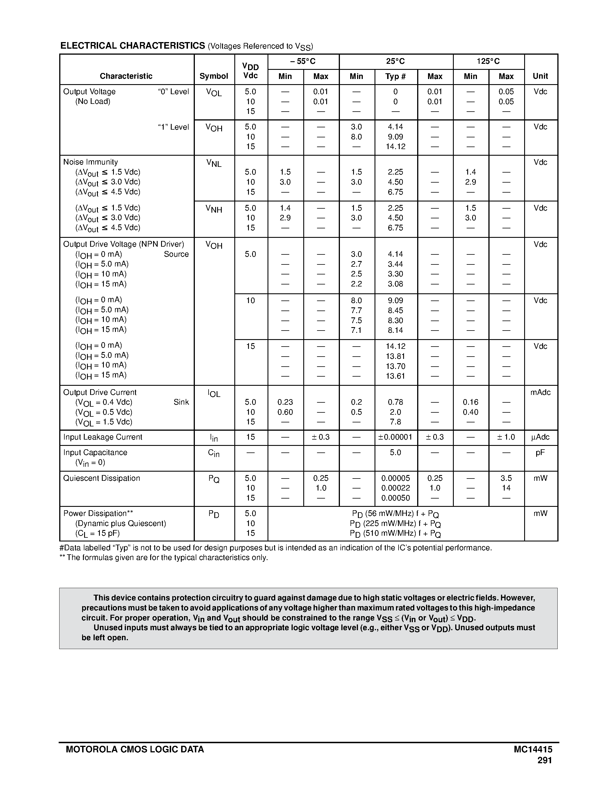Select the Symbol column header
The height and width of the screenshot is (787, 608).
[x=214, y=76]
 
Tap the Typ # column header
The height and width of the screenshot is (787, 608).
[x=395, y=76]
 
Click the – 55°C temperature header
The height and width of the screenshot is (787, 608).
[x=303, y=61]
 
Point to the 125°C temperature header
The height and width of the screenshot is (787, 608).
[x=488, y=61]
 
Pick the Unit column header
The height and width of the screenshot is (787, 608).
[x=540, y=76]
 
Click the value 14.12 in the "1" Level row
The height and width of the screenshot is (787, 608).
[x=395, y=147]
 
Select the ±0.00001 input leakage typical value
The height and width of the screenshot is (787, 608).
[x=395, y=437]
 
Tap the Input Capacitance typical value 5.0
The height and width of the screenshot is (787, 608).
[x=395, y=453]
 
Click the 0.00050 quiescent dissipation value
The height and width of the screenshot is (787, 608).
[x=395, y=498]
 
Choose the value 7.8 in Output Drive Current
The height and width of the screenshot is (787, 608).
[x=395, y=422]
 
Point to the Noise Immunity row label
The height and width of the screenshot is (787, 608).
[x=90, y=162]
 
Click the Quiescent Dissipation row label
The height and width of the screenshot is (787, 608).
[x=102, y=478]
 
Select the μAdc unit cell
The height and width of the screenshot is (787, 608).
[x=540, y=437]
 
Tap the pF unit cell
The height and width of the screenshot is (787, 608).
[x=540, y=453]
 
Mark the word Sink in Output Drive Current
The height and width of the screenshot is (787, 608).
[x=181, y=402]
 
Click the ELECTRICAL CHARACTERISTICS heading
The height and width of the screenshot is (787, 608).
[x=132, y=46]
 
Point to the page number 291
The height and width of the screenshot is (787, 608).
[x=544, y=760]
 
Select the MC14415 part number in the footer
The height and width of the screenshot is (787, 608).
[x=533, y=750]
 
